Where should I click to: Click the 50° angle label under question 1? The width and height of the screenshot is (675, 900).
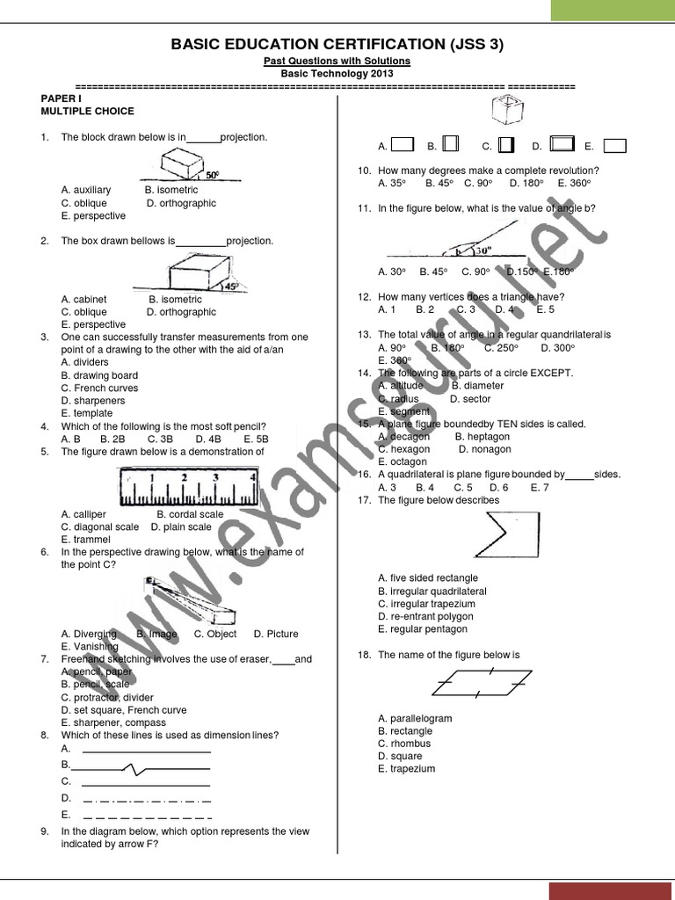212,175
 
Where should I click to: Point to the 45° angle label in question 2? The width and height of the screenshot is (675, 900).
232,286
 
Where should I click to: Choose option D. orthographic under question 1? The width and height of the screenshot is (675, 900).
181,203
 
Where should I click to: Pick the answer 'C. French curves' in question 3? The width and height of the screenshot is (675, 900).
99,388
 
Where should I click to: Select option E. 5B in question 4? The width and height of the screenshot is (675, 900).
256,439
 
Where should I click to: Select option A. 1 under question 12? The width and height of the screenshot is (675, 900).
387,309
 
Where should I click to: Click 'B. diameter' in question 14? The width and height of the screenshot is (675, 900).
477,385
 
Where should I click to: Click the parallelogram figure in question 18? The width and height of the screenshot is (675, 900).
482,683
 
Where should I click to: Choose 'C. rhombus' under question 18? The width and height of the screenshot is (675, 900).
405,744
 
